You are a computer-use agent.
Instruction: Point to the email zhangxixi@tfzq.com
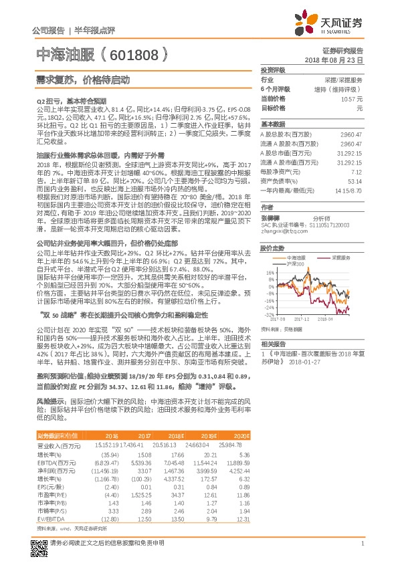coord(280,231)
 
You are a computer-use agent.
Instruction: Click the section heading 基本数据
coord(273,124)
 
